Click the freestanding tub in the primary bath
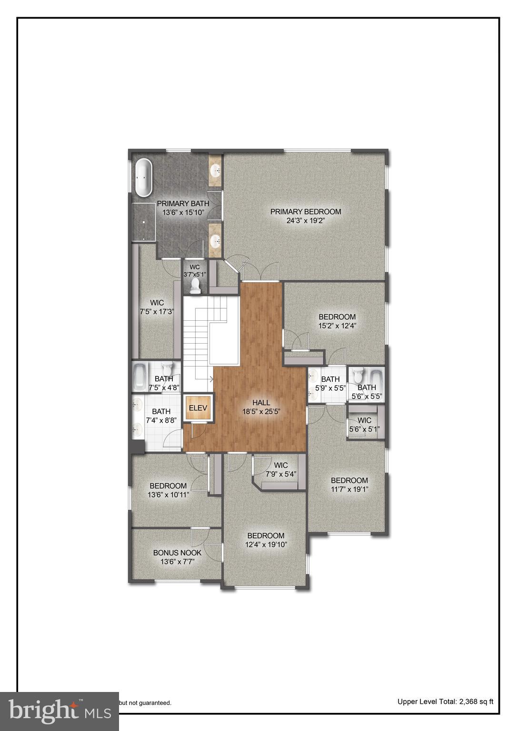click(x=143, y=178)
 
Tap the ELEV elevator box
click(x=198, y=408)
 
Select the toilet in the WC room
click(x=195, y=285)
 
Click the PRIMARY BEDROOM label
click(x=306, y=211)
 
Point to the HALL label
click(x=261, y=403)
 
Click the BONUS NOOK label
click(x=177, y=553)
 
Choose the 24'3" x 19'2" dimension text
click(x=306, y=220)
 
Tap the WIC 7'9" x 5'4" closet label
click(x=281, y=465)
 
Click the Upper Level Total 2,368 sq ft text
click(x=445, y=701)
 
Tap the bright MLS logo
click(x=60, y=711)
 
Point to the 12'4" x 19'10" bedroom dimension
click(x=266, y=544)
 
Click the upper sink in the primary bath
click(x=216, y=169)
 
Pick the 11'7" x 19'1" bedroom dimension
click(x=349, y=489)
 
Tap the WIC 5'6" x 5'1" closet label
click(x=364, y=420)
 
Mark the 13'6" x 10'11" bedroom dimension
click(x=169, y=494)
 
